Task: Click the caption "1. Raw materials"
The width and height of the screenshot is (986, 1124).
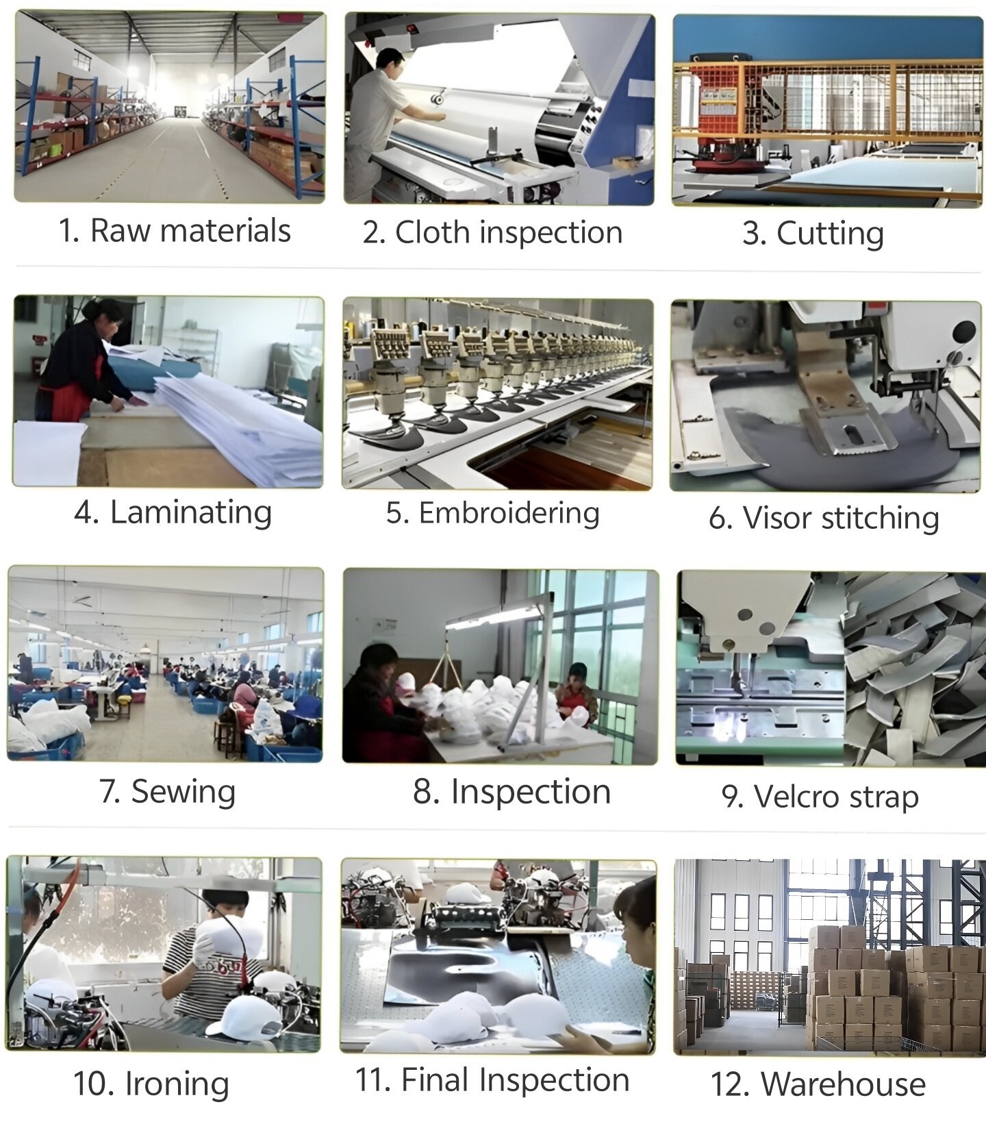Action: pyautogui.click(x=174, y=231)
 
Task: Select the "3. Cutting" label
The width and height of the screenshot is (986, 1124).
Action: pyautogui.click(x=813, y=234)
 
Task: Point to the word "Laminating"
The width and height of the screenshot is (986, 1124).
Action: pyautogui.click(x=191, y=513)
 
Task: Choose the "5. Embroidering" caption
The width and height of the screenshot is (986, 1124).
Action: pyautogui.click(x=492, y=513)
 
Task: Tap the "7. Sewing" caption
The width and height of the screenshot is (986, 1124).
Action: pyautogui.click(x=168, y=792)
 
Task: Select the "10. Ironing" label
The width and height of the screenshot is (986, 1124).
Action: pyautogui.click(x=151, y=1084)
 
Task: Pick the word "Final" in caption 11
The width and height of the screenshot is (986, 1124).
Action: pyautogui.click(x=435, y=1080)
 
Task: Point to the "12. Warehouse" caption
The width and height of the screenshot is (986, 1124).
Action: pyautogui.click(x=818, y=1084)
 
